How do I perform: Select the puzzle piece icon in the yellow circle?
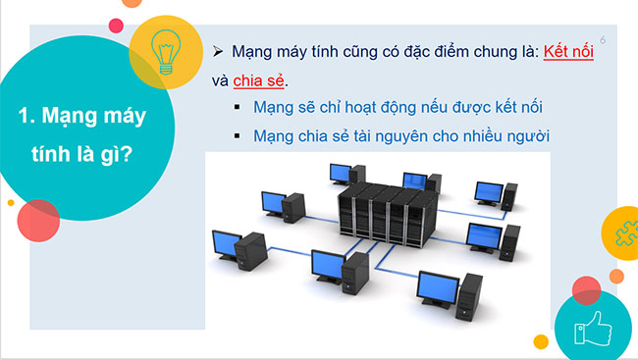coord(621,234)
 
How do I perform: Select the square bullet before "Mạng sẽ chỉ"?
coord(238,107)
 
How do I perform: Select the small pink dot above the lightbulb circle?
coord(115,25)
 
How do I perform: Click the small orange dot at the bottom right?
coord(540,342)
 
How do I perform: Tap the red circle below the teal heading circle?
coord(38,221)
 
